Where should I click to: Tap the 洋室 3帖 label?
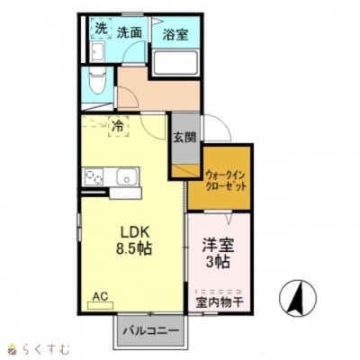[217, 253]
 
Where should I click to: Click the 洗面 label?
[129, 31]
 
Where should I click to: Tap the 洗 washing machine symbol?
[101, 29]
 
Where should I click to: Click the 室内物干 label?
[220, 302]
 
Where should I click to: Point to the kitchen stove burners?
[94, 177]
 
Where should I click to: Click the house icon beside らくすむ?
[12, 347]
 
